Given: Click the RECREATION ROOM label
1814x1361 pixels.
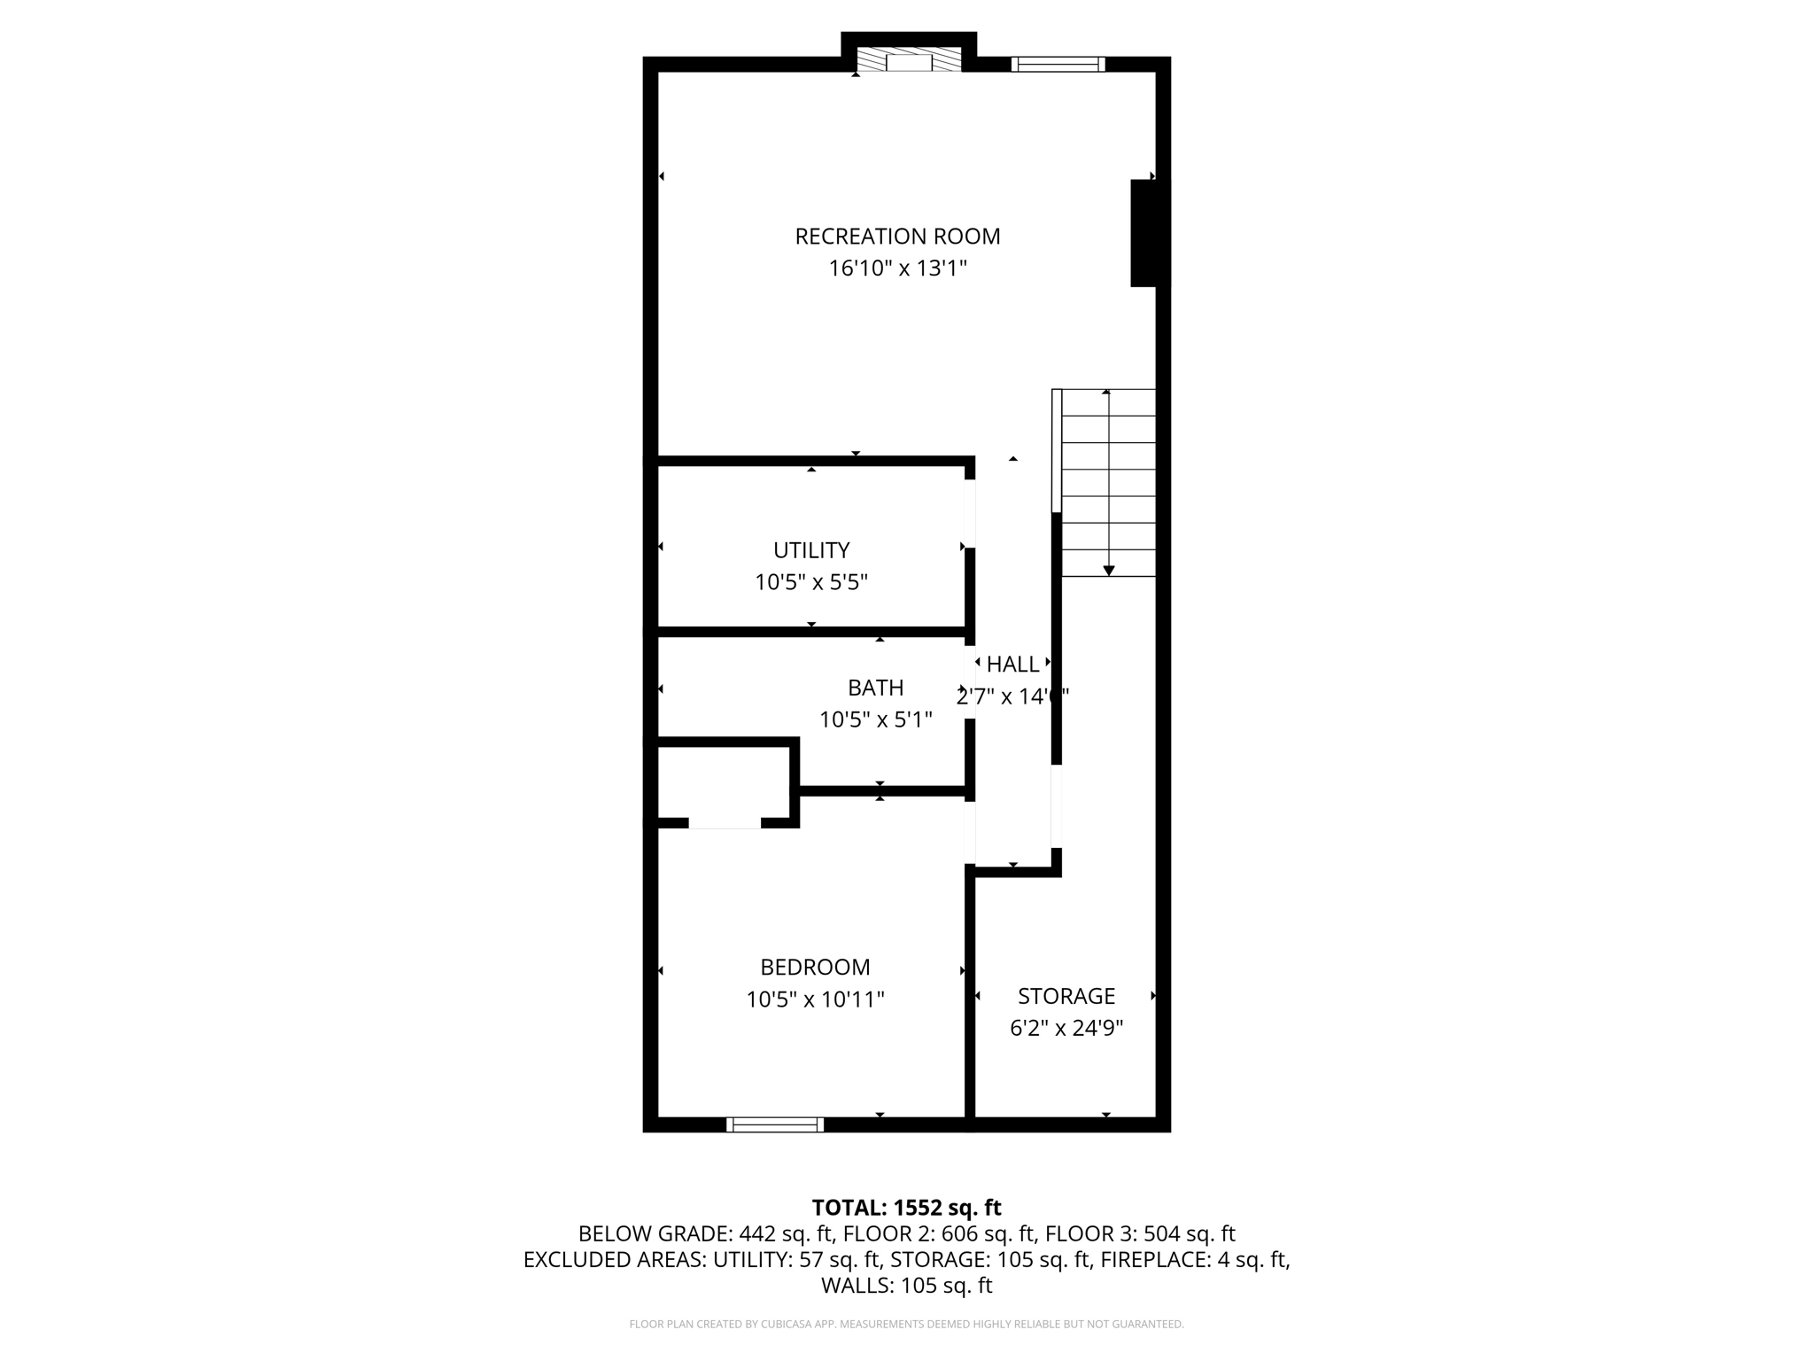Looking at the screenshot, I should tap(897, 237).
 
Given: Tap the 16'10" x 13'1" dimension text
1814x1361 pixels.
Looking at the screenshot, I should tap(897, 268).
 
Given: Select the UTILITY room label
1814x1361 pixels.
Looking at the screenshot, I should tap(811, 550).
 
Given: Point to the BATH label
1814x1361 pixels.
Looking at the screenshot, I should tap(875, 688).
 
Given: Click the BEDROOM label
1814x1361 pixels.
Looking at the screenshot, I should tap(815, 967).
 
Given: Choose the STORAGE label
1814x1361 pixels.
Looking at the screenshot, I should tap(1066, 996).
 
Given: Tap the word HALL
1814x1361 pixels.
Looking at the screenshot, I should tap(1012, 664).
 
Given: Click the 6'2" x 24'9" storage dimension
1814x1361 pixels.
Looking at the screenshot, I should tap(1066, 1028).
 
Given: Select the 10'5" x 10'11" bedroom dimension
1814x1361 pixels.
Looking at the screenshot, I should tap(815, 999).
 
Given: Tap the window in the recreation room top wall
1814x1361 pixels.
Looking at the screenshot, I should tap(1058, 64).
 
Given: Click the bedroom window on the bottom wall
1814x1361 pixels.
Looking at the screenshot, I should tap(775, 1124).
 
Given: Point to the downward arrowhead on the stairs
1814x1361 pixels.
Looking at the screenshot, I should tap(1108, 571).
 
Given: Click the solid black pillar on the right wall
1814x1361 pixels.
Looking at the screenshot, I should tap(1149, 234).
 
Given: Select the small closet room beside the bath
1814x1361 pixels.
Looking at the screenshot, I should tap(724, 783).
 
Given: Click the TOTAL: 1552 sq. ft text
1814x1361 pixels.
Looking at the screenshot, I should tap(906, 1208).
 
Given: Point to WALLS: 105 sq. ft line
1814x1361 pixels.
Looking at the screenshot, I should tap(906, 1286).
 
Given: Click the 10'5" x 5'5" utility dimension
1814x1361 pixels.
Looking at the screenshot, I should tap(811, 582).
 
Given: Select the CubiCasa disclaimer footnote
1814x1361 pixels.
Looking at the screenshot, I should tap(906, 1324).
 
